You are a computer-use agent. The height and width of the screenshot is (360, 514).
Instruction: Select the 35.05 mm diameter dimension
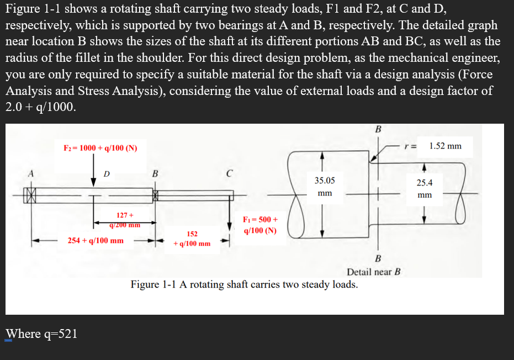[x=325, y=187]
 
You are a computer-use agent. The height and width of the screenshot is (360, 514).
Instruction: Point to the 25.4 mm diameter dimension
[x=425, y=188]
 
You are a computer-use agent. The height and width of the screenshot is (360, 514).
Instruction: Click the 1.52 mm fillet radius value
[x=445, y=146]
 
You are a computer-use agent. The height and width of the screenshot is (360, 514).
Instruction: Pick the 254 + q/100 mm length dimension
[x=96, y=241]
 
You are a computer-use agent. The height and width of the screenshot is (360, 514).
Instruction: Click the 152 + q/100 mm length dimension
[x=192, y=239]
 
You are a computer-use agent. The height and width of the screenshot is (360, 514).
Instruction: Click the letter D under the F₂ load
[x=107, y=174]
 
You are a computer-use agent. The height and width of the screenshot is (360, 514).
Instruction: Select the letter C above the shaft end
[x=228, y=173]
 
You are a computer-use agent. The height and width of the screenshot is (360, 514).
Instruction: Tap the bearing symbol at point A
[x=31, y=195]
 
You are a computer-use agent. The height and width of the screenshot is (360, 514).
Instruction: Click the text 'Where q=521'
[x=41, y=333]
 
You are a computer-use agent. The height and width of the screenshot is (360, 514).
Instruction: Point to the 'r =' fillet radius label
[x=410, y=146]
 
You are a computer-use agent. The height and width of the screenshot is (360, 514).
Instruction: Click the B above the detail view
[x=378, y=130]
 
